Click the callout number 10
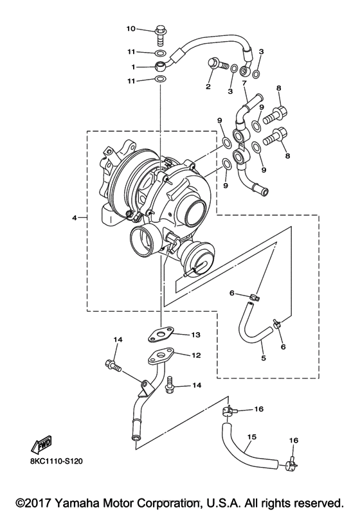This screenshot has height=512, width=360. [130, 29]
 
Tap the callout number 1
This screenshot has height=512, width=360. [133, 66]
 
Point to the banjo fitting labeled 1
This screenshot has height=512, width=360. [159, 66]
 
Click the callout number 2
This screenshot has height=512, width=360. [208, 86]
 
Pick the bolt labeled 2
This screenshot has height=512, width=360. [217, 64]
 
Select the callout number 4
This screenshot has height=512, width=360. [75, 218]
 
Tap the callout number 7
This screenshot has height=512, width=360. [244, 84]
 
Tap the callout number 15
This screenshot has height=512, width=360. [252, 437]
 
